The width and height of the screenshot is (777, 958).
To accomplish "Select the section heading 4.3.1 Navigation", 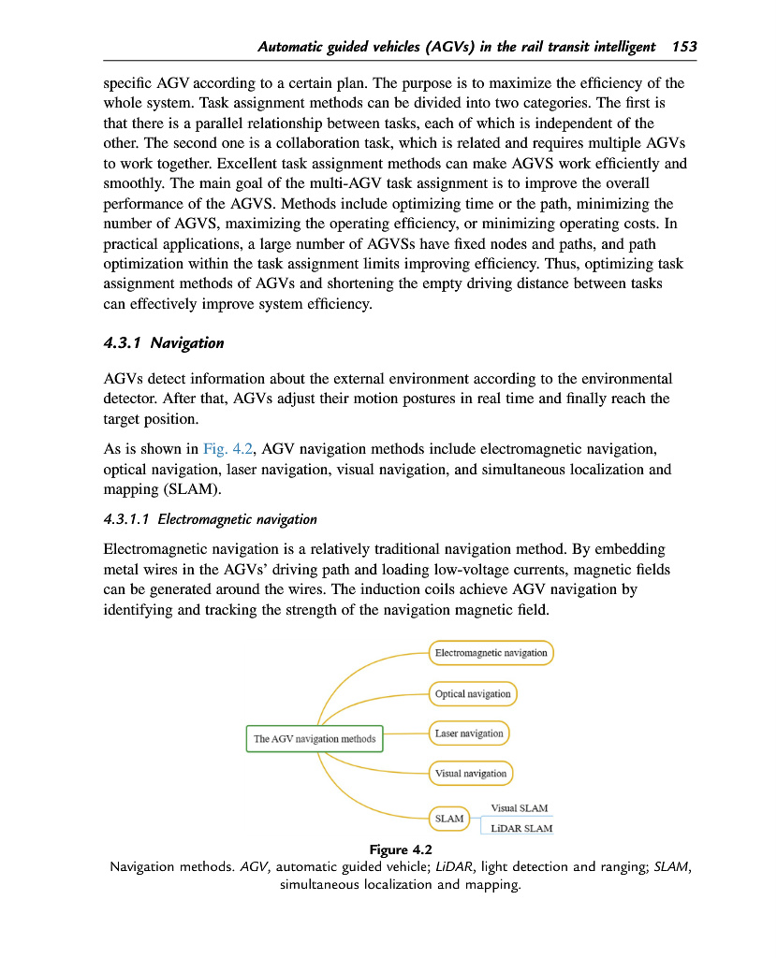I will click(164, 343).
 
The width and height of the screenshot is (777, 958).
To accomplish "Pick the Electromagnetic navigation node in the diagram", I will click(491, 653).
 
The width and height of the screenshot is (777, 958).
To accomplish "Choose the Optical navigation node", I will click(473, 694).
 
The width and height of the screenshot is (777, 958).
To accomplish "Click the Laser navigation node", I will click(469, 733).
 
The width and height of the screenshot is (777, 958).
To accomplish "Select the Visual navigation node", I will click(471, 774).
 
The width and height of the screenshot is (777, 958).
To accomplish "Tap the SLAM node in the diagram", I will click(449, 819).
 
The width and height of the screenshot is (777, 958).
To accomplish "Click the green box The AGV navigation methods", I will click(315, 739).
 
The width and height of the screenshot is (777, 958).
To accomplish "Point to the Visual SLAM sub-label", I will click(520, 808).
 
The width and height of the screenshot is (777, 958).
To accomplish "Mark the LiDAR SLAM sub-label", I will click(521, 829).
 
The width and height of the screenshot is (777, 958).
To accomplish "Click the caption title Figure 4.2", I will click(401, 849).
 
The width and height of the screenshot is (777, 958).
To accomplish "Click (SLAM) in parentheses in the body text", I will click(190, 488).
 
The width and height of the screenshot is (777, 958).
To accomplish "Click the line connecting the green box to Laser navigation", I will click(406, 734).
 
